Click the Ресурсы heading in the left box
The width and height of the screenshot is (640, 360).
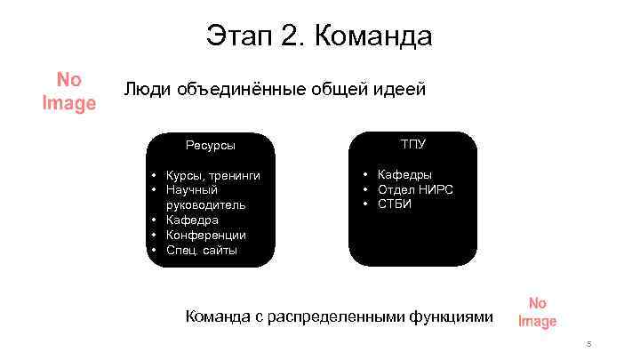[x=210, y=145]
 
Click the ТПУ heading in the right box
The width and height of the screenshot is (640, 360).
[x=412, y=143]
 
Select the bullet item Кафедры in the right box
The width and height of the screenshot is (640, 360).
[x=404, y=174]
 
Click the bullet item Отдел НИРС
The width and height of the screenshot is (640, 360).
[x=415, y=189]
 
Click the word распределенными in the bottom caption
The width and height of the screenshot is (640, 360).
[x=332, y=316]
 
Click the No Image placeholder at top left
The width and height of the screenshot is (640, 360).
[x=68, y=92]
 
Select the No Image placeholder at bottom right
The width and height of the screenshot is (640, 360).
[x=537, y=312]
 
